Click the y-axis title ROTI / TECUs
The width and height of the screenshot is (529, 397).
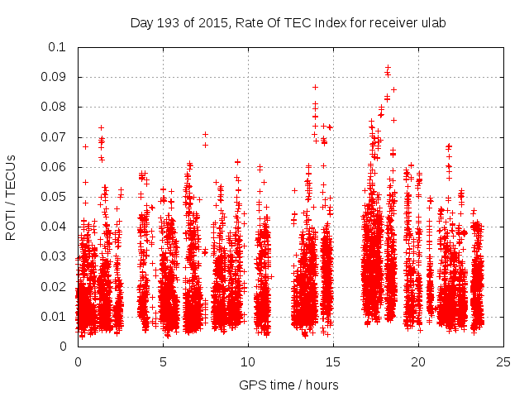pos(12,196)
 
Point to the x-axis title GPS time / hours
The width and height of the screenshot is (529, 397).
pos(288,385)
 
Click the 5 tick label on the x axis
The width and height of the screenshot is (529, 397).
pos(163,361)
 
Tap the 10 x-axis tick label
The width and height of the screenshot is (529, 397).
pos(248,361)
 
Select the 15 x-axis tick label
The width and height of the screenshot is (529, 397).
pos(333,361)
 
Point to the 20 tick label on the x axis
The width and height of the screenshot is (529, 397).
pos(418,361)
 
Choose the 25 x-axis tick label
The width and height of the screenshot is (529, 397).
pos(503,361)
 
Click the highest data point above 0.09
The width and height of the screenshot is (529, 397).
pos(388,67)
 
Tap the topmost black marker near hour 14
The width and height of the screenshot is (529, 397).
pos(315,87)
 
